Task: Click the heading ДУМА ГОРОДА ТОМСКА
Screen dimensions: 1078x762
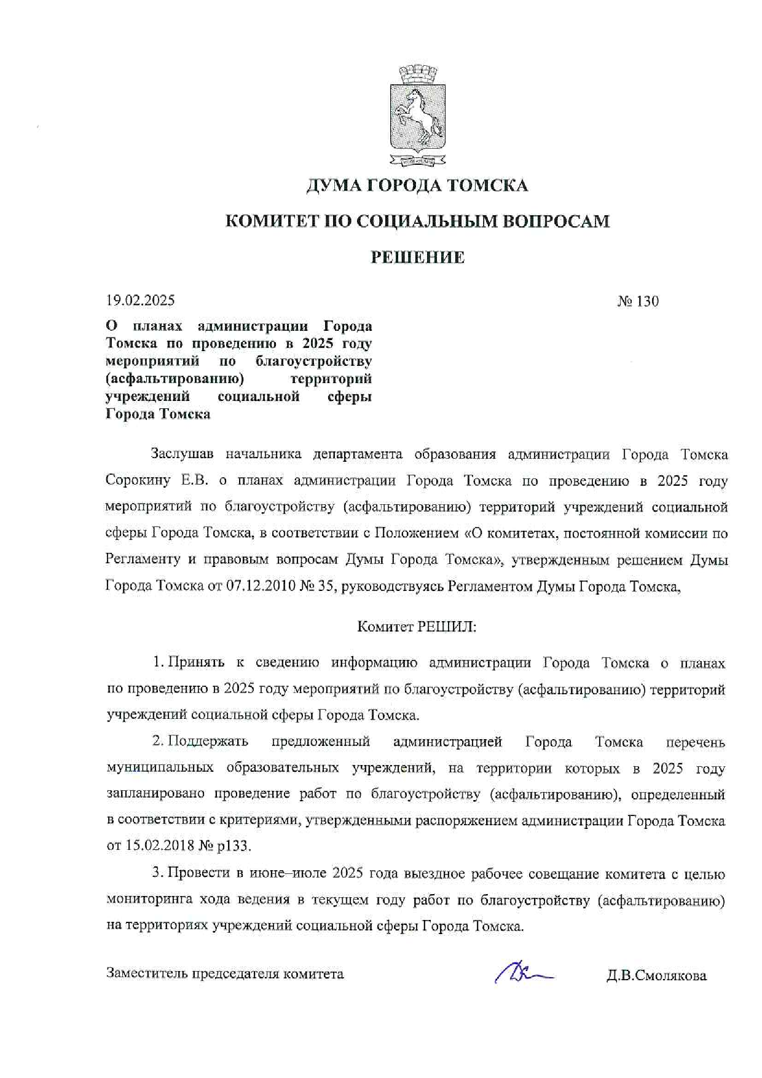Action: tap(417, 185)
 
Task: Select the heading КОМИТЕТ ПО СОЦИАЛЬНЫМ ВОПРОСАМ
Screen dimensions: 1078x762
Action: tap(417, 221)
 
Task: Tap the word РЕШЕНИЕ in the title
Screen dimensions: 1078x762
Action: tap(417, 257)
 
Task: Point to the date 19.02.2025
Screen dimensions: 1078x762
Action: tap(140, 300)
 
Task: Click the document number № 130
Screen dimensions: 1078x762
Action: tap(638, 301)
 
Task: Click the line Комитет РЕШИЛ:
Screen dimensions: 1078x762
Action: tap(417, 627)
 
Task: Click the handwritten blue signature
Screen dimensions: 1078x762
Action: tap(522, 973)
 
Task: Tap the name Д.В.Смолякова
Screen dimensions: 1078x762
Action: tap(656, 975)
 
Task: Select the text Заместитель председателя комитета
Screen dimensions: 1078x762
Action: tap(225, 973)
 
